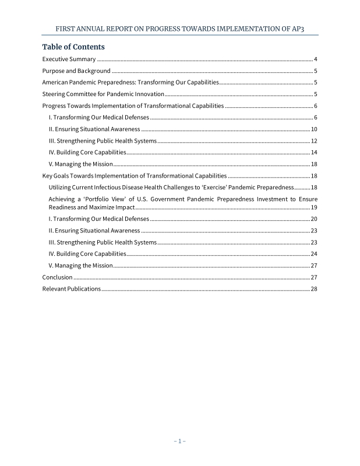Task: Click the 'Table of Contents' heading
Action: [73, 47]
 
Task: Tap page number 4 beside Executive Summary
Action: [315, 60]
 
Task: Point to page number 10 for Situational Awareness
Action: [313, 129]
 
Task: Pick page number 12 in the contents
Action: [313, 141]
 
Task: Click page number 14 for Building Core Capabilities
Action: [313, 153]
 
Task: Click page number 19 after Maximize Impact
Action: [313, 207]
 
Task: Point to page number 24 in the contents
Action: [313, 254]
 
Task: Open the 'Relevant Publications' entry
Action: [71, 289]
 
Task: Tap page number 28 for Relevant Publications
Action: [313, 289]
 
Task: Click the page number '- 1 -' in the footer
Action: [179, 441]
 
